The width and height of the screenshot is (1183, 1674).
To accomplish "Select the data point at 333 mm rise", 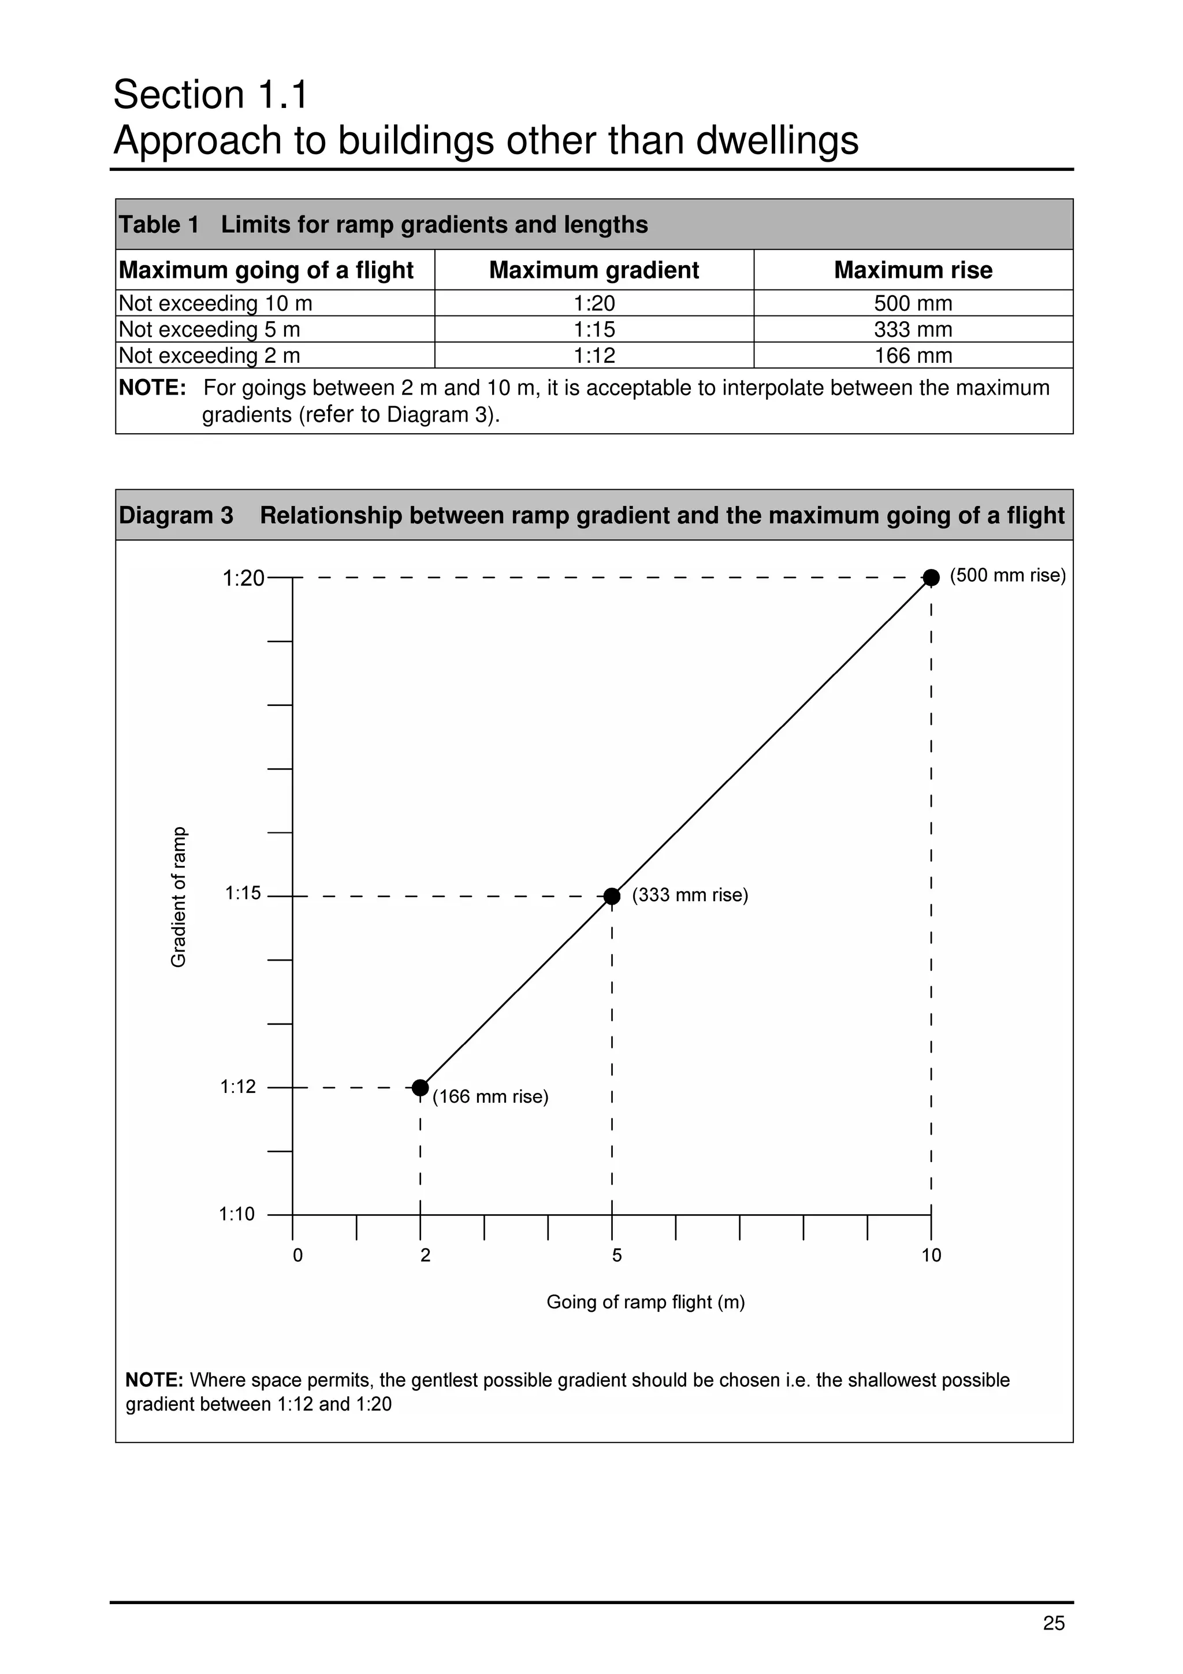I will click(612, 896).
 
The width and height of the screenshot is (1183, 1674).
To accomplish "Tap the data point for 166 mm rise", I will click(420, 1088).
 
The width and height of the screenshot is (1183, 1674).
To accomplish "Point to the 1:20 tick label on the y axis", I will click(243, 579).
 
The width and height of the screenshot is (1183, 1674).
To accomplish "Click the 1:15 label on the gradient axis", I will click(243, 893).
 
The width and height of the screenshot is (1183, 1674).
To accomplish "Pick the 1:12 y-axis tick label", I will click(239, 1087).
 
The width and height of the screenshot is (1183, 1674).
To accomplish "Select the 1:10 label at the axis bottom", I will click(237, 1215).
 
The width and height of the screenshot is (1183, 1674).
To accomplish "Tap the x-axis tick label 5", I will click(617, 1256).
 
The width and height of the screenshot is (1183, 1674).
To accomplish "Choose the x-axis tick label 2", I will click(425, 1256).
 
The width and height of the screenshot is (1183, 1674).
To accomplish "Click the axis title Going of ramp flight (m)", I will click(645, 1302).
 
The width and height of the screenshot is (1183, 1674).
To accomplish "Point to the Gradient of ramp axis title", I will click(178, 896).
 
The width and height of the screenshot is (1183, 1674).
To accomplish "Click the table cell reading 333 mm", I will click(913, 330).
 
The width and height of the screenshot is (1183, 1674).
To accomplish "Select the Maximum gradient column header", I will click(593, 270).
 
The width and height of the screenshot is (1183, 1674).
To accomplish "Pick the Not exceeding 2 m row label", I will click(209, 356).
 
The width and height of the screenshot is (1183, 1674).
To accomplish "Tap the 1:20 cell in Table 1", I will click(593, 303).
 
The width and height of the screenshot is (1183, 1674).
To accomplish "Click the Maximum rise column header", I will click(913, 270).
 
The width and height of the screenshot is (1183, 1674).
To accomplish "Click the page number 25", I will click(1053, 1623).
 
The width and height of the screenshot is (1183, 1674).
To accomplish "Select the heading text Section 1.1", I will click(211, 95).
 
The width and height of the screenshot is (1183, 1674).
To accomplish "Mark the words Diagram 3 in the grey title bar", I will click(176, 515).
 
